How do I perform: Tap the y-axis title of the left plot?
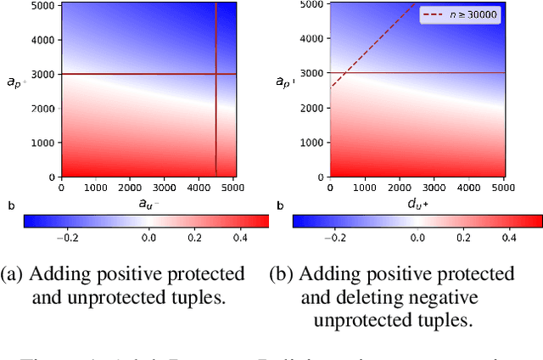[15, 82]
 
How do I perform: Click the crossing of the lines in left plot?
[216, 74]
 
